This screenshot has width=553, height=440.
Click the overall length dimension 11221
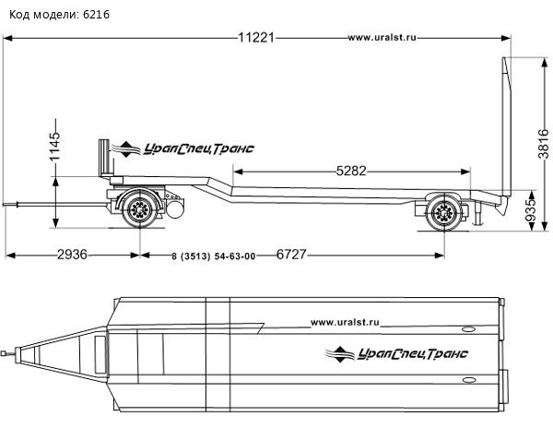click(257, 38)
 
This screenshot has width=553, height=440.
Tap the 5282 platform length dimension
click(352, 171)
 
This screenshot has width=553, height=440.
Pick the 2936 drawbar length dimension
click(73, 255)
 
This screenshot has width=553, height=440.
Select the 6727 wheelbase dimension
click(295, 255)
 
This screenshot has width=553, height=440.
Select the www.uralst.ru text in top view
click(346, 322)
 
